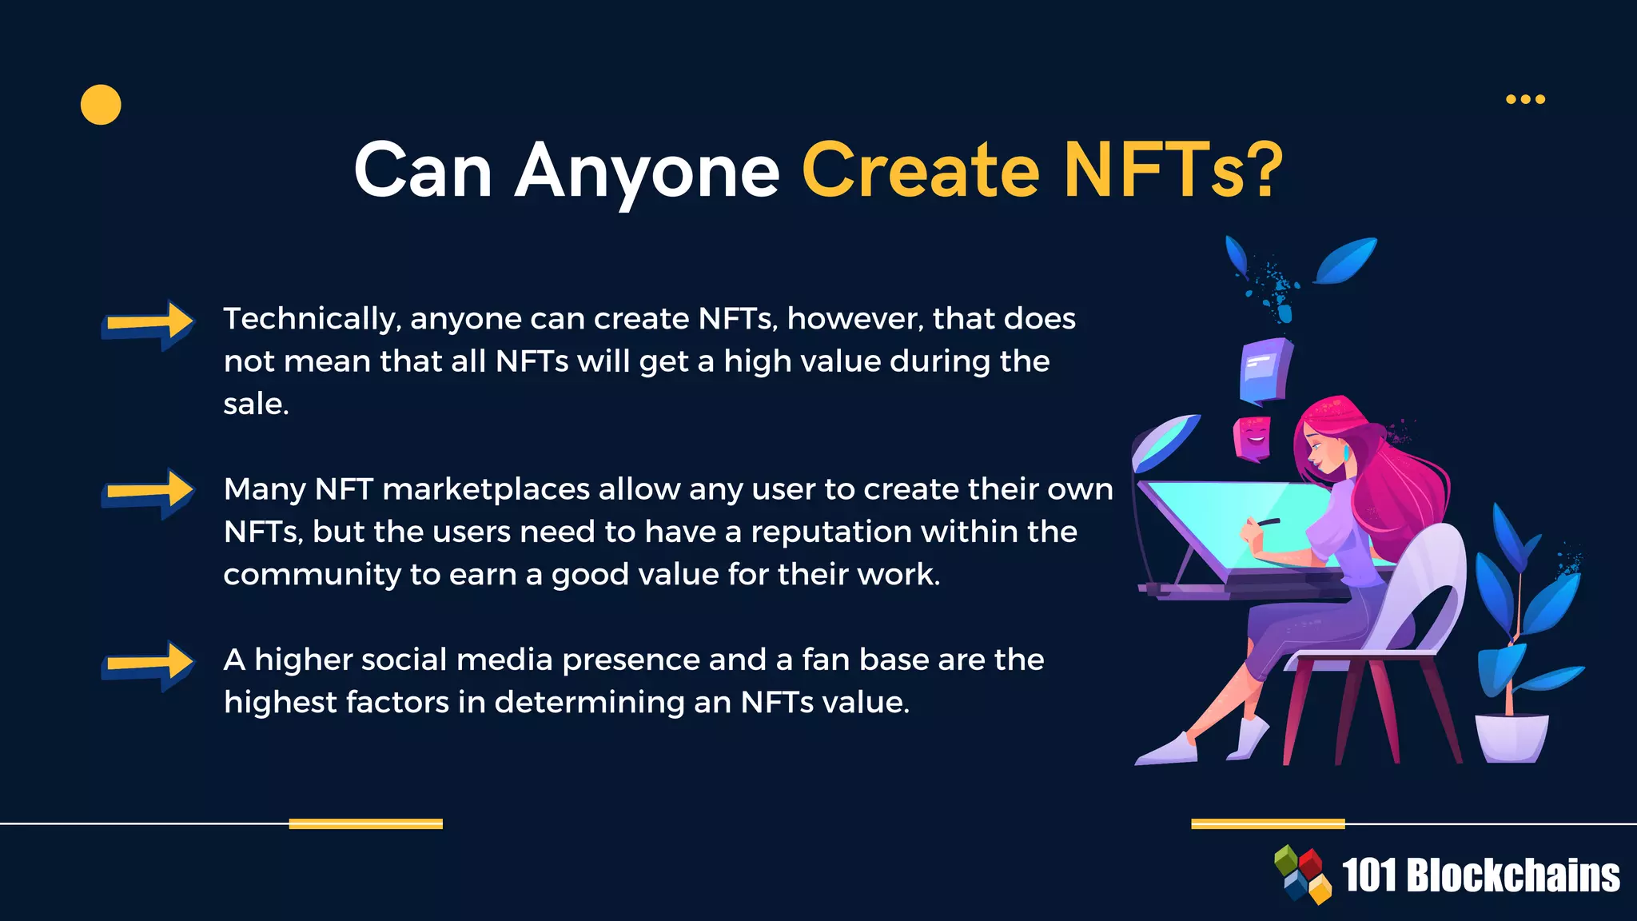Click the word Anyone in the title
(647, 170)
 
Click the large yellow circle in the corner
(101, 105)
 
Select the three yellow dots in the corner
(1525, 99)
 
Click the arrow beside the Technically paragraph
(148, 325)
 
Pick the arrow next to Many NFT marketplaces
(148, 493)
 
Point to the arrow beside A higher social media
(148, 665)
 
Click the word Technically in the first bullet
(311, 319)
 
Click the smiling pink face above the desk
(1252, 438)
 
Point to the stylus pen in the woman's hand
(1266, 523)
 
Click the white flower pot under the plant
(1511, 737)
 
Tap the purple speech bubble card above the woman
(1266, 369)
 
